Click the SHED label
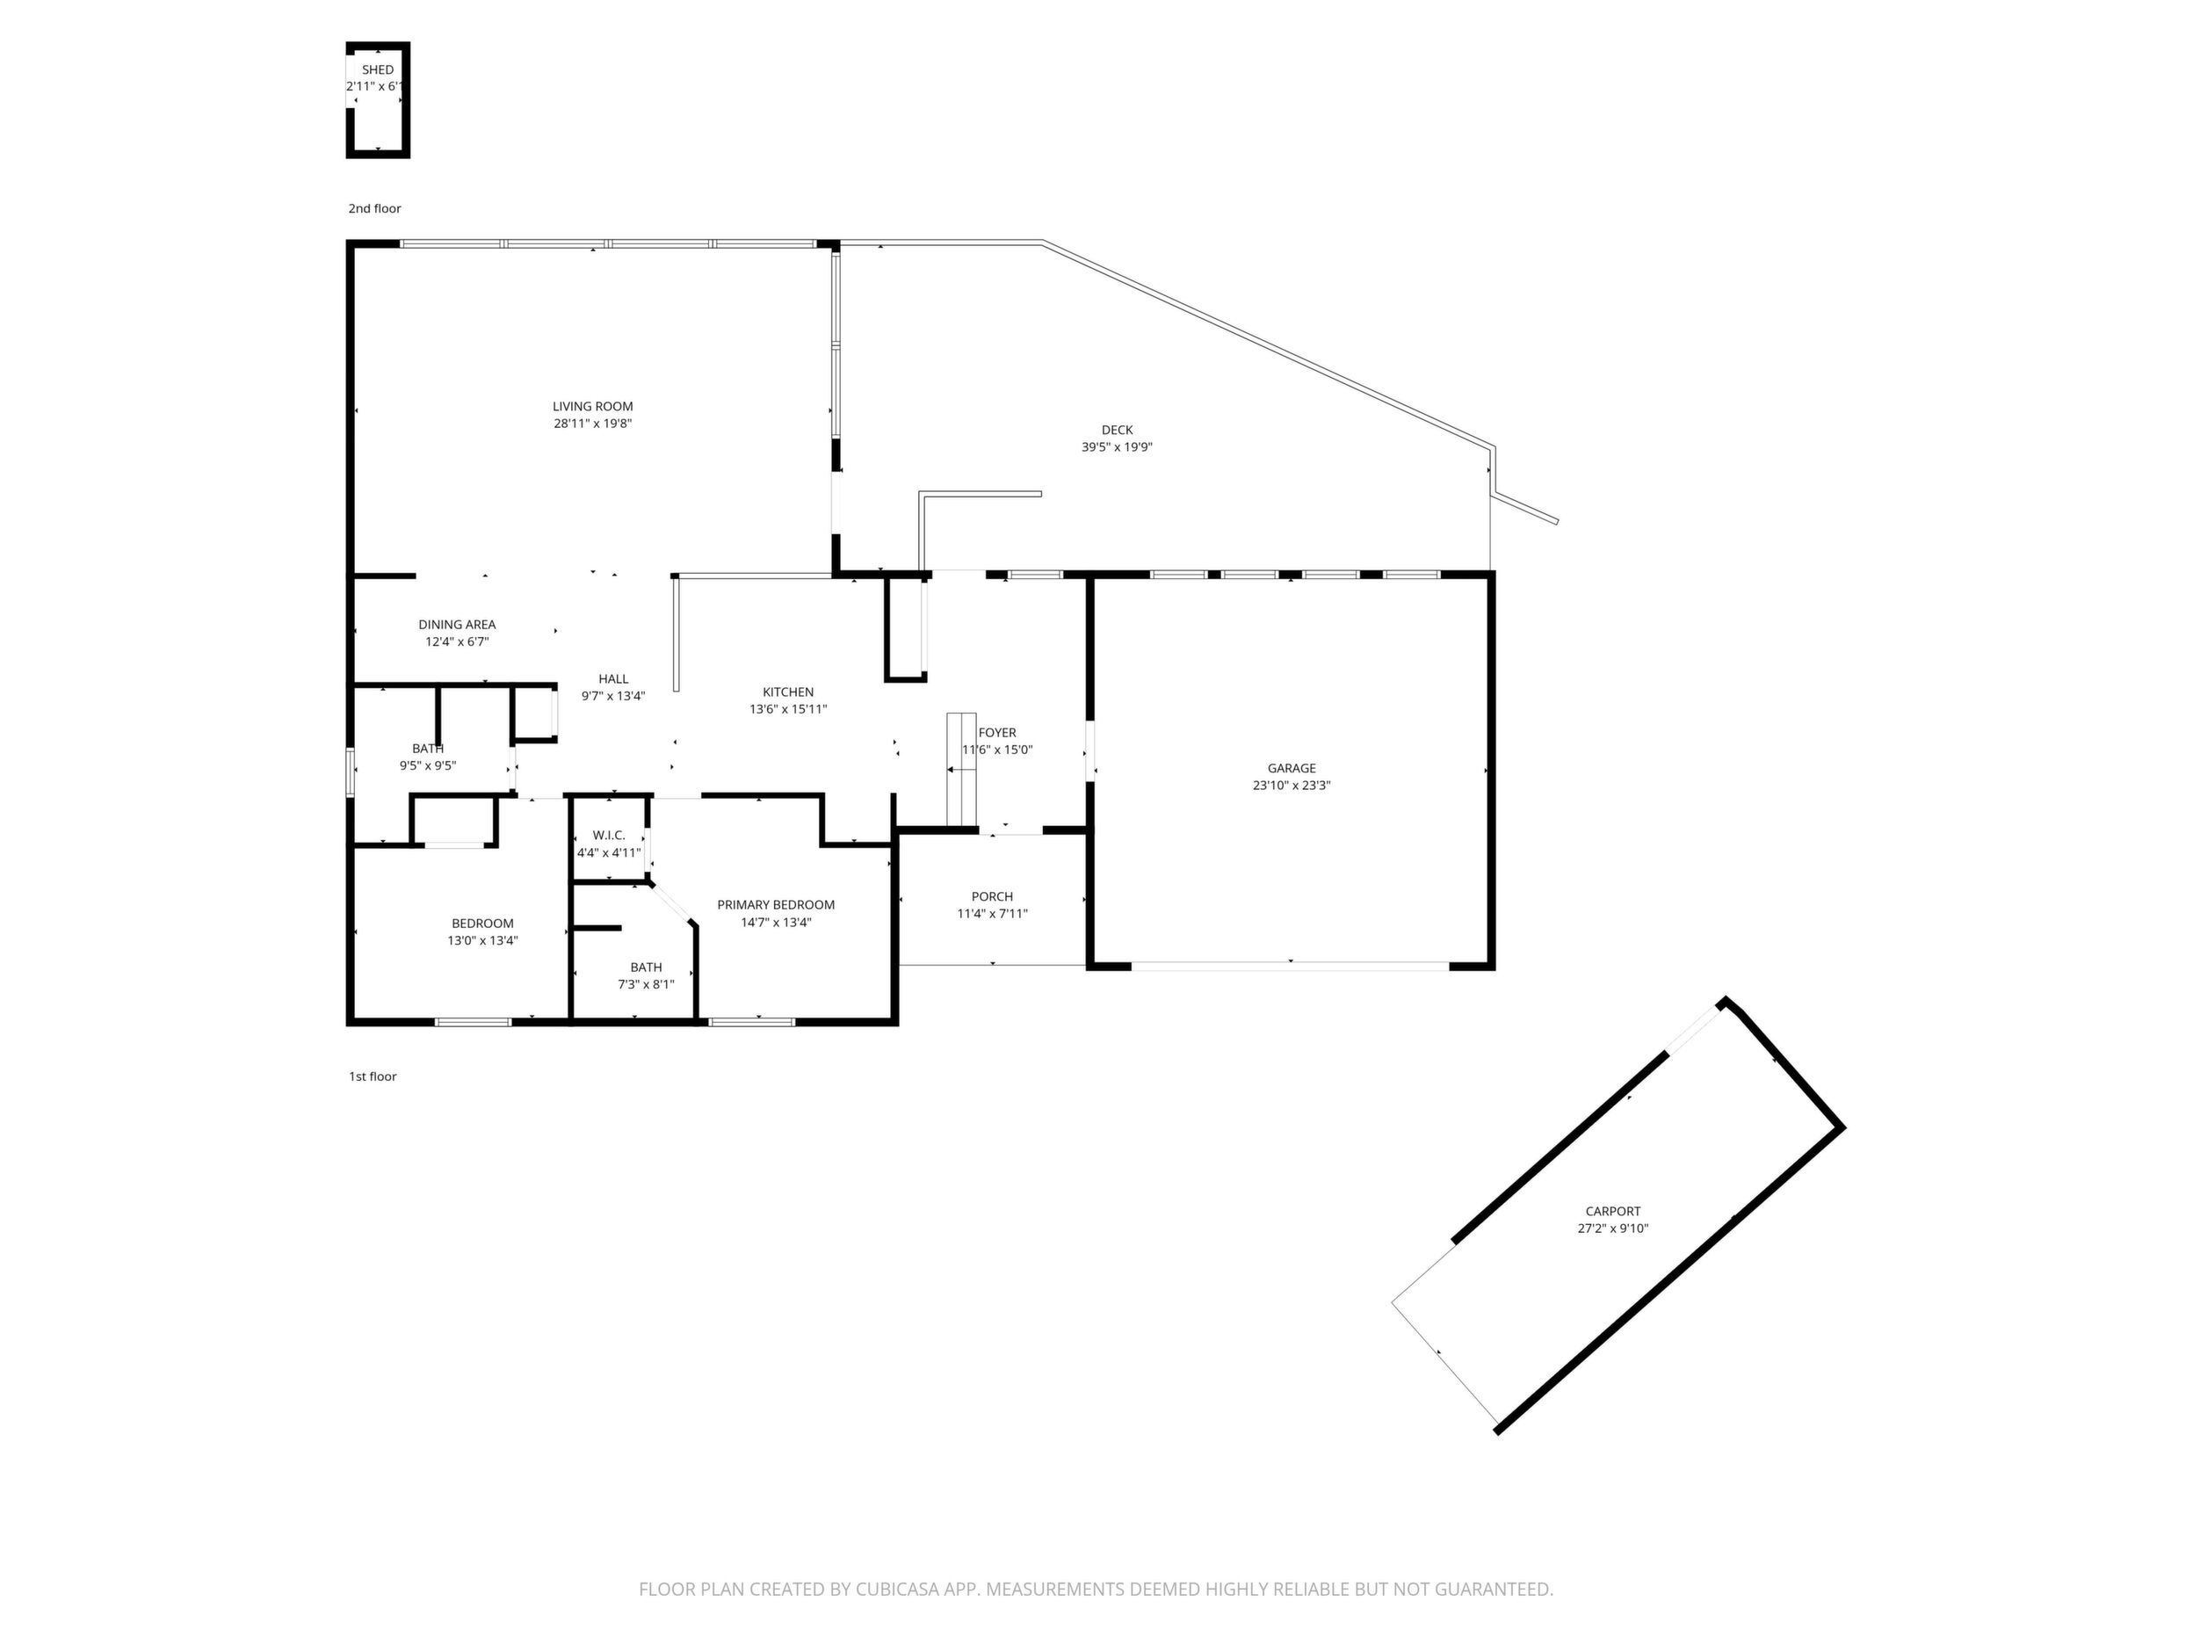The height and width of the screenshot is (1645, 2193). [378, 69]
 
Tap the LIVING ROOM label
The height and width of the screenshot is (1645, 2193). [593, 406]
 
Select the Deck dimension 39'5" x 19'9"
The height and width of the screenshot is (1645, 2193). [1117, 447]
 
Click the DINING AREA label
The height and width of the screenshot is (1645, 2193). [457, 625]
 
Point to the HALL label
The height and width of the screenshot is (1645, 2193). [613, 679]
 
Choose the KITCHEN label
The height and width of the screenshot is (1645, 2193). [788, 692]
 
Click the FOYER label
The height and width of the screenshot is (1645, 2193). [997, 733]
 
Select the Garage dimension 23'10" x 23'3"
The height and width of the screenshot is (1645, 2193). [1292, 786]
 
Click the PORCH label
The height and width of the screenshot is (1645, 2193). [993, 896]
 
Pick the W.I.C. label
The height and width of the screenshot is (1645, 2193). [609, 835]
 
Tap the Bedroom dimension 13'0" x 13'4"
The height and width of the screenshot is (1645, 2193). [483, 941]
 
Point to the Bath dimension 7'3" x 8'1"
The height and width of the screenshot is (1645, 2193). [647, 984]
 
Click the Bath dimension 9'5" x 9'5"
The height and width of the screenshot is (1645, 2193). [428, 765]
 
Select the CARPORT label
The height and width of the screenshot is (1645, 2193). [1613, 1211]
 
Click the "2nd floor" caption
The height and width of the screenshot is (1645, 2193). [375, 208]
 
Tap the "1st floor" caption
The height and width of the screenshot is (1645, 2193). [373, 1076]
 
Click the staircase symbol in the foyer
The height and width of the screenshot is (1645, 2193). [962, 769]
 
